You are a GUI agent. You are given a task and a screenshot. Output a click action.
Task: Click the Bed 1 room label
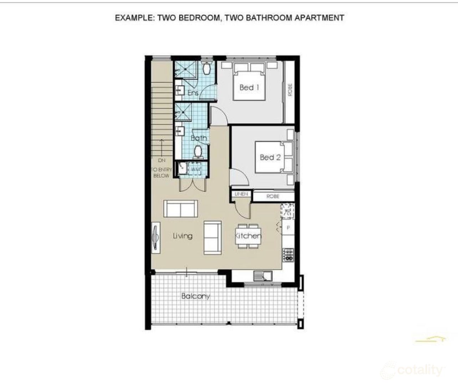249,87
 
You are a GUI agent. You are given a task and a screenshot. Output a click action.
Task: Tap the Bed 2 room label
270,157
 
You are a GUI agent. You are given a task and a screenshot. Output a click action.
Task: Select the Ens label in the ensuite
193,93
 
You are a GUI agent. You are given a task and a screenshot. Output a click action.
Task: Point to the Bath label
199,138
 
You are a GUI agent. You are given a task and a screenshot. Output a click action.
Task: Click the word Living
183,236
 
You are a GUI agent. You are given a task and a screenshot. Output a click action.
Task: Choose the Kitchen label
248,236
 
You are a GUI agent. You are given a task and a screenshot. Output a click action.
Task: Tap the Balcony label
195,296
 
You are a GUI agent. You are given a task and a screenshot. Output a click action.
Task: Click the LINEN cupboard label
241,194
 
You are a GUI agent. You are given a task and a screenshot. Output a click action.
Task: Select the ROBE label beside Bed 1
290,90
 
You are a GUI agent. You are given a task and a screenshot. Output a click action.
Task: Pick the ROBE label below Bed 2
273,196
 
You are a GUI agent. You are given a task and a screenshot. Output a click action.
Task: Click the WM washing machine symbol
196,169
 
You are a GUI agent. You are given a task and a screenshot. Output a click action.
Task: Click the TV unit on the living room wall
156,238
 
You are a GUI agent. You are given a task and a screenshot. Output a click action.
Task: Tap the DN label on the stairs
162,161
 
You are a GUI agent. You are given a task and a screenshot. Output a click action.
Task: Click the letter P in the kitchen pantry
288,228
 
